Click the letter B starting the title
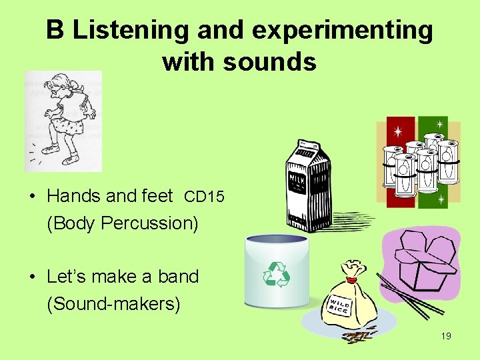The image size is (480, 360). (x=55, y=30)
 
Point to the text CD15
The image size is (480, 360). (x=204, y=197)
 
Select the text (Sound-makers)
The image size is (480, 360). (x=113, y=303)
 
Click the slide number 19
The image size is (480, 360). (x=445, y=336)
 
